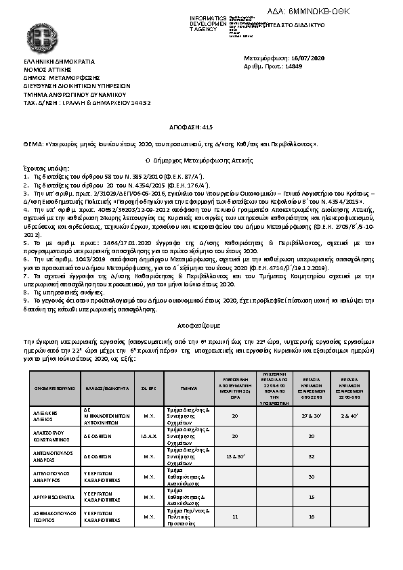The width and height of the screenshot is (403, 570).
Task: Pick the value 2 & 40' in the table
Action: point(349,414)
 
